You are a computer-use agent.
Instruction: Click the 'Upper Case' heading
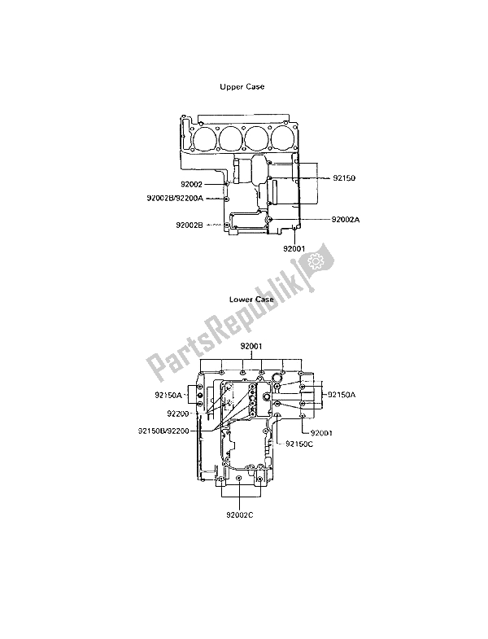[242, 87]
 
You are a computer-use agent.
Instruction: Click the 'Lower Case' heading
[251, 300]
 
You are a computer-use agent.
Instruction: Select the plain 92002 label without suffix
[191, 185]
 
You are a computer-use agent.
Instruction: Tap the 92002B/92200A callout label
[175, 198]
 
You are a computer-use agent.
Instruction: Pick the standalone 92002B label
[189, 225]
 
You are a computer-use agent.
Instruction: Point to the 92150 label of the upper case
[344, 178]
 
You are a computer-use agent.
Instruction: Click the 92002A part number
[346, 219]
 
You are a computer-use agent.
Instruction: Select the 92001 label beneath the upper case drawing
[294, 248]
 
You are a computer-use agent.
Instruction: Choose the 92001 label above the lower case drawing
[251, 347]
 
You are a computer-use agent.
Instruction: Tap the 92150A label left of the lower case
[168, 395]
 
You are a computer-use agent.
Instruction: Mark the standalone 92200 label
[177, 414]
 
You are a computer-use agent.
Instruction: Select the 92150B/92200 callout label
[163, 431]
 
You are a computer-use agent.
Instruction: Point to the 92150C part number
[299, 444]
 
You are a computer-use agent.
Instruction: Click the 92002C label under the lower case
[240, 515]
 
